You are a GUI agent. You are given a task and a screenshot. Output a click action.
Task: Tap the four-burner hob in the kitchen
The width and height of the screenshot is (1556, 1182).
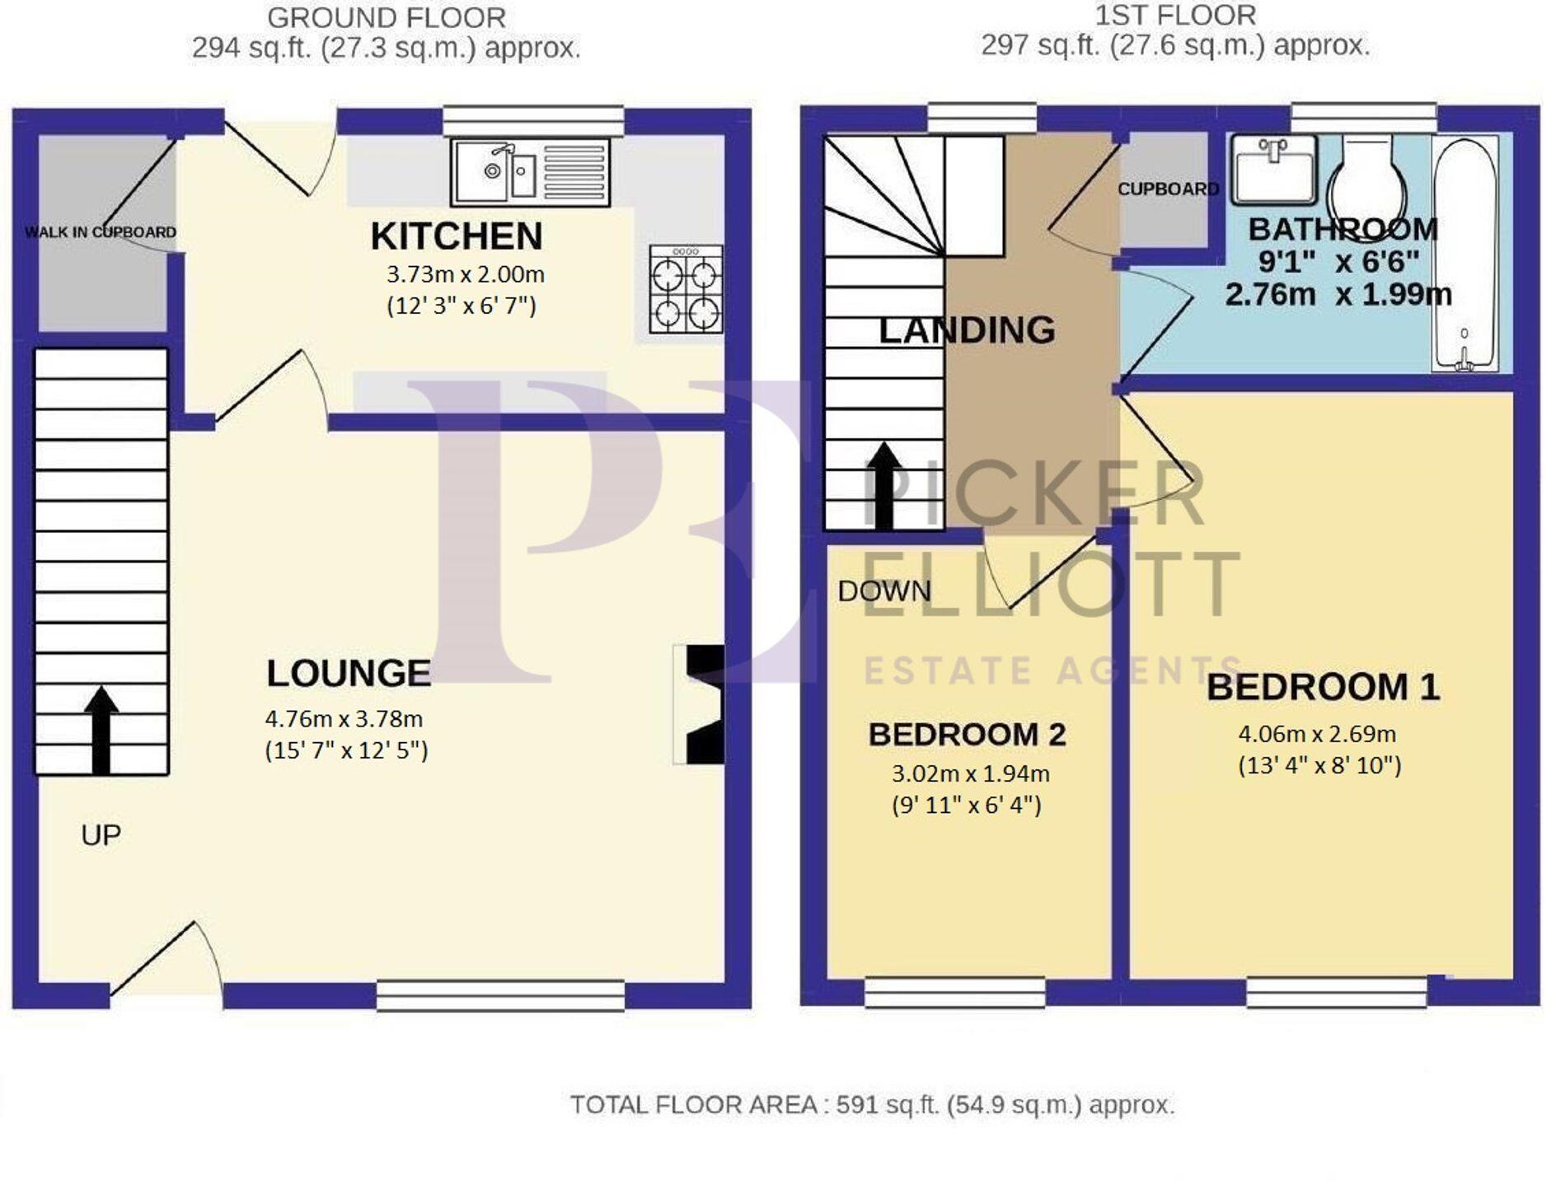coord(686,288)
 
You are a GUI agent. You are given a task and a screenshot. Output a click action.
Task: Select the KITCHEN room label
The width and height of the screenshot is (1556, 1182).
coord(457,236)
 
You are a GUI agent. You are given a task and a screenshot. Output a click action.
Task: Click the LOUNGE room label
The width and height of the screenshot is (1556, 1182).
coord(349,673)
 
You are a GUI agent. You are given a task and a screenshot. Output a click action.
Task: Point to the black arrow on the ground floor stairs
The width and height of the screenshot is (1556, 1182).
coord(101,730)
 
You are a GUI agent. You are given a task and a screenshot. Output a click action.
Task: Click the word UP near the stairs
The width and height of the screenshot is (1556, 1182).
coord(101,835)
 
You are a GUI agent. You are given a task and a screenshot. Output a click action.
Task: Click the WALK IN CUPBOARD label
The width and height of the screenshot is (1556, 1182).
coord(101,232)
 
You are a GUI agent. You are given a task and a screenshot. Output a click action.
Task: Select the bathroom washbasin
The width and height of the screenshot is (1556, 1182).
coord(1273,169)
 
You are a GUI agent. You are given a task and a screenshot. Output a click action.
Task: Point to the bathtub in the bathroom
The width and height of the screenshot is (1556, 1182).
coord(1465,255)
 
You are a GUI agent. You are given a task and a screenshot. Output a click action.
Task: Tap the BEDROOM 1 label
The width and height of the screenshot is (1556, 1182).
coord(1323,687)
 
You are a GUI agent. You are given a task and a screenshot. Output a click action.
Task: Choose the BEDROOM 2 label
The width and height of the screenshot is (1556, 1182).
coord(967,734)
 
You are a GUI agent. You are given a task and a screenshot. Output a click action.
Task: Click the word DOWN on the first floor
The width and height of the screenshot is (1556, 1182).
coord(883,591)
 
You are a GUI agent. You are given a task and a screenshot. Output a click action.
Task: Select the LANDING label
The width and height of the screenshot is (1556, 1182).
coord(967,330)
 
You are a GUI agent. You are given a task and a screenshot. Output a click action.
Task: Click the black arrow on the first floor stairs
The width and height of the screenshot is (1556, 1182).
coord(884,485)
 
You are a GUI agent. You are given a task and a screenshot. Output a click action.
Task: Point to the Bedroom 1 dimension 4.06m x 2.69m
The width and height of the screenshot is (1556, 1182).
coord(1317,733)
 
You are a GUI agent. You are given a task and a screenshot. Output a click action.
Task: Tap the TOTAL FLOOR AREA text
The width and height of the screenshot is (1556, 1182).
coord(872,1105)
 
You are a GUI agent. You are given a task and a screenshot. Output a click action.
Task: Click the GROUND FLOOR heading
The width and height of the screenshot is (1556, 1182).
coord(387,17)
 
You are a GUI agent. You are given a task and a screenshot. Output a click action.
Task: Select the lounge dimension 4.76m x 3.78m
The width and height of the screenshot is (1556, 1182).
coord(344,718)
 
